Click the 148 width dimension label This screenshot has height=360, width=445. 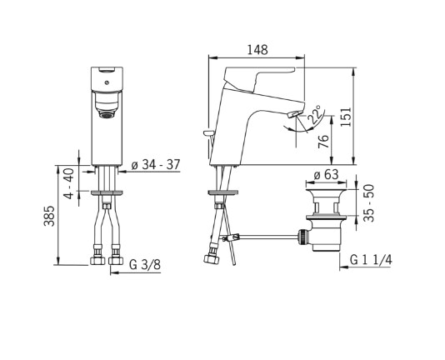(257, 50)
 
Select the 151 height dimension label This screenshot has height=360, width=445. (346, 117)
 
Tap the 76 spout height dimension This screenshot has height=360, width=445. (323, 142)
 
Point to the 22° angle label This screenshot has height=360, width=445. (315, 114)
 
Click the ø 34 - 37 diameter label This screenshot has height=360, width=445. (156, 165)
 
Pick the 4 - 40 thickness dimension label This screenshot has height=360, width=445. (69, 183)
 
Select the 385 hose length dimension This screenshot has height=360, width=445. (49, 216)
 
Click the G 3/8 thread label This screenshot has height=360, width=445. (145, 265)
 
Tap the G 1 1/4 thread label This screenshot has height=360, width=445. (371, 260)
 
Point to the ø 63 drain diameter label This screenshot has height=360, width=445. (326, 175)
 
